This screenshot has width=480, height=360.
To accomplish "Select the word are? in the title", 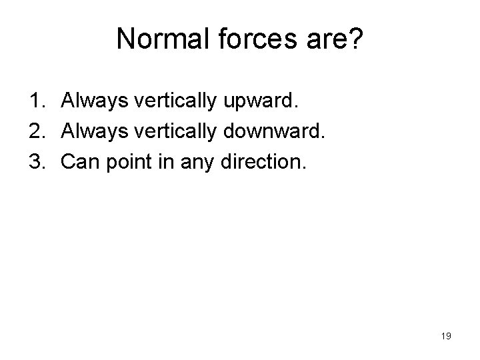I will (x=333, y=39).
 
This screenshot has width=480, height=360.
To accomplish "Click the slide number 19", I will (x=446, y=336).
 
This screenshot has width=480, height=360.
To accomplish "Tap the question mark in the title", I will (x=356, y=39).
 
